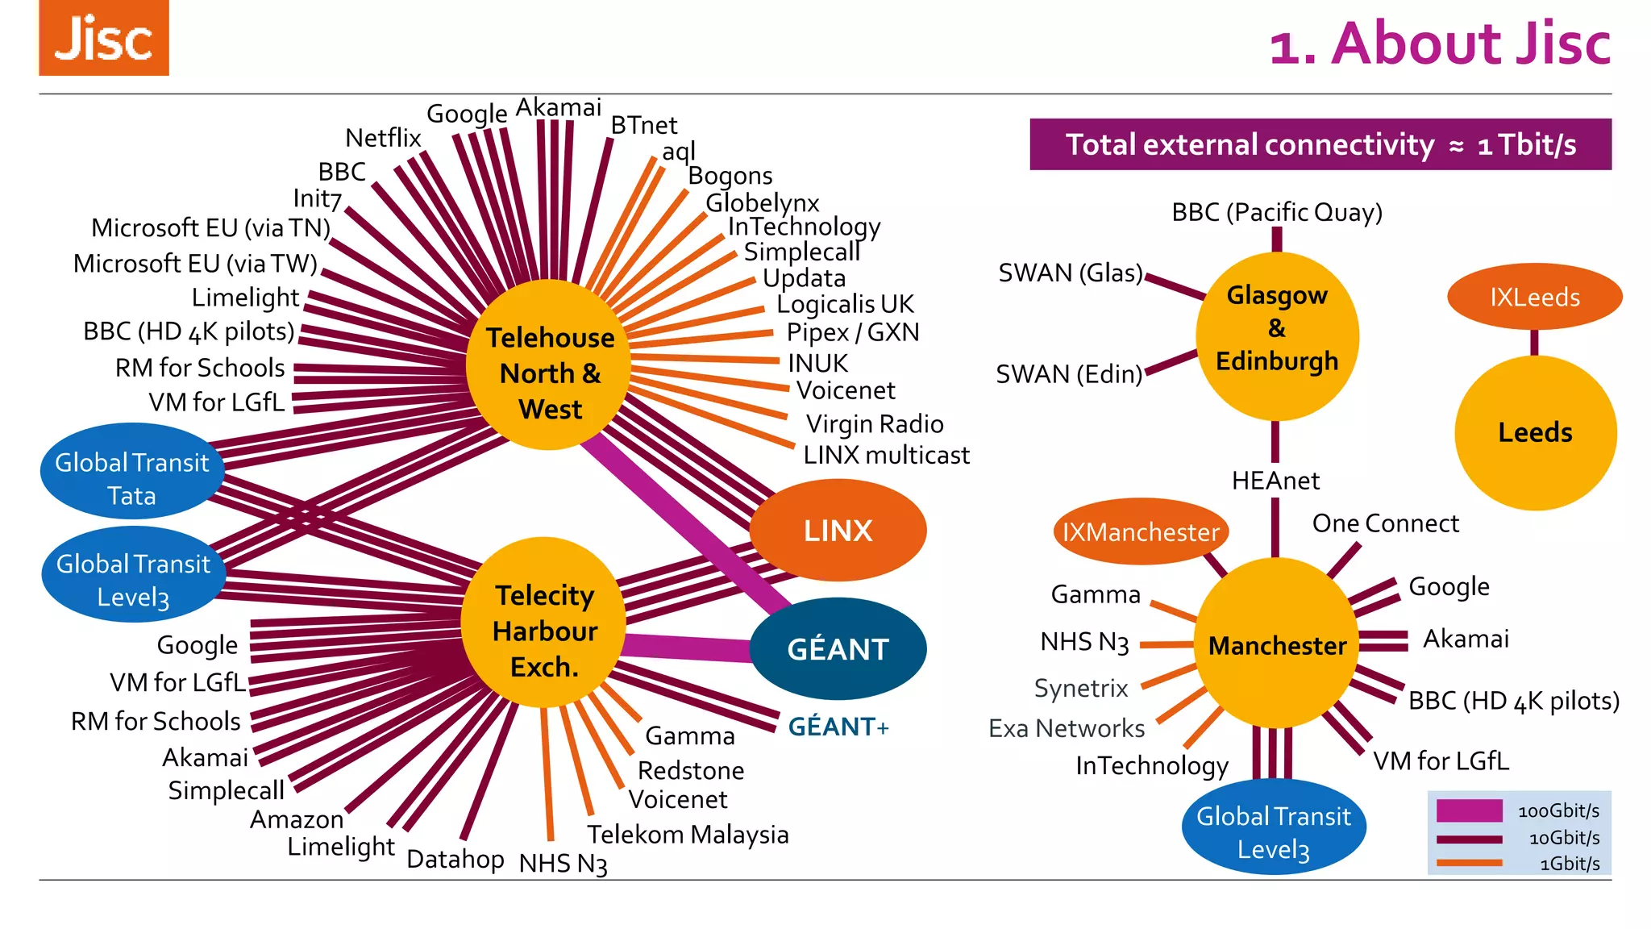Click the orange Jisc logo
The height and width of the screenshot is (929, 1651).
tap(104, 38)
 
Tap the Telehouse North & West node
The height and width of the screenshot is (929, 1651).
tap(549, 365)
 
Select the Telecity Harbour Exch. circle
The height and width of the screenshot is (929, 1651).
tap(544, 623)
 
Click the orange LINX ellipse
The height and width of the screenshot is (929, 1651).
tap(838, 531)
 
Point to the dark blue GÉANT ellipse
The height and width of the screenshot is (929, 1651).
tap(838, 649)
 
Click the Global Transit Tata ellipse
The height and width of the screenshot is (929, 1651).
tap(131, 472)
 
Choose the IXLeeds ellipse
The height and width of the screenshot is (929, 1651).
tap(1534, 297)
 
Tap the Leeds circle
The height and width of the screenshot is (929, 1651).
tap(1535, 433)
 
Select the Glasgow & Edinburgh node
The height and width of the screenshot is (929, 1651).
tap(1277, 336)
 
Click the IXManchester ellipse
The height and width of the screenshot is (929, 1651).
tap(1140, 532)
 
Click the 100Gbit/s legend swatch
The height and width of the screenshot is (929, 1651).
tap(1469, 810)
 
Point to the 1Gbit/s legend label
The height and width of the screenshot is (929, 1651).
tap(1570, 864)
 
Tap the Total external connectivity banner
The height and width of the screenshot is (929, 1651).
tap(1320, 144)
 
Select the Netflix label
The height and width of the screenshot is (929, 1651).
tap(383, 138)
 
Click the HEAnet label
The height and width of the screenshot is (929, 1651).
tap(1275, 481)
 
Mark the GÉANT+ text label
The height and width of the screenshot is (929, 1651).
tap(838, 727)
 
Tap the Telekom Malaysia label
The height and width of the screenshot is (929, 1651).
tap(688, 834)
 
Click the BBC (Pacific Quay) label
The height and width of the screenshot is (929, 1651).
tap(1277, 212)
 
